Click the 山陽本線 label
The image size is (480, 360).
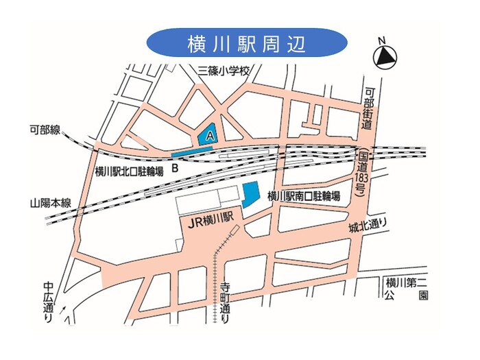point(51,203)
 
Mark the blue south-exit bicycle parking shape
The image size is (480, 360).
point(250,195)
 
